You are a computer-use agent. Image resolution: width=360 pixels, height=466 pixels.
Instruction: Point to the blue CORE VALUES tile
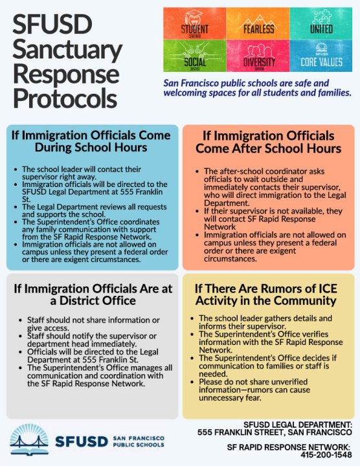321,56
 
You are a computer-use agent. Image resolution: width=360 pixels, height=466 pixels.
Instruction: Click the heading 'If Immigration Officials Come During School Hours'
91,141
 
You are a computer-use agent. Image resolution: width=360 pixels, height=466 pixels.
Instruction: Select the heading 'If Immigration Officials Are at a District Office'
91,294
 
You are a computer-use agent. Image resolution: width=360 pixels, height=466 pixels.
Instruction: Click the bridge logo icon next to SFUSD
25,440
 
